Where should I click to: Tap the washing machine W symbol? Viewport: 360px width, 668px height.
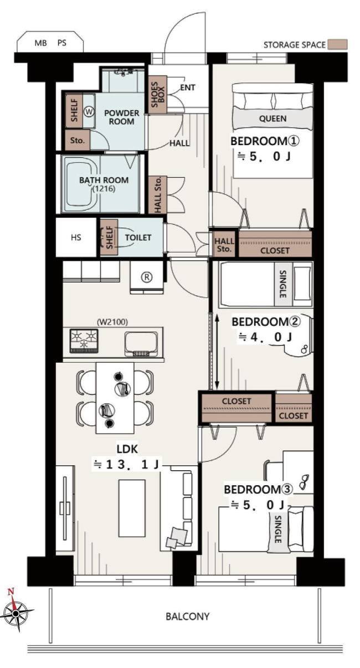pos(89,112)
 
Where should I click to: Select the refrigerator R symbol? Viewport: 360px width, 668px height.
pos(146,277)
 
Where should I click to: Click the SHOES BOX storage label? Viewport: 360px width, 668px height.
pos(158,95)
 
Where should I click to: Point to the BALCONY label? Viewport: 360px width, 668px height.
pos(187,616)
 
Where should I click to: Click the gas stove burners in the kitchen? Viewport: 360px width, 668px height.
pos(84,341)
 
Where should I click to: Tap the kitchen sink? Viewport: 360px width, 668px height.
pos(141,344)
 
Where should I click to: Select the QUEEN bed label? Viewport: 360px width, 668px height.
pos(272,119)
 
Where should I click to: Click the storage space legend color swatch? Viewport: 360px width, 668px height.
pos(337,44)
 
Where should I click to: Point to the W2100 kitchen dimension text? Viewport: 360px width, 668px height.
pos(112,322)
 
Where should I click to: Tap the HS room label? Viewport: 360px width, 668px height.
pos(76,238)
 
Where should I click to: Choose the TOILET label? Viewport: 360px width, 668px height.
pos(138,238)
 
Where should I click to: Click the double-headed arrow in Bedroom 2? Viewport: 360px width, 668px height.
pos(217,351)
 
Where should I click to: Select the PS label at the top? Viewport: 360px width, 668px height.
pos(61,43)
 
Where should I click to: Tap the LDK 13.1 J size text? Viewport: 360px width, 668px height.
pos(127,465)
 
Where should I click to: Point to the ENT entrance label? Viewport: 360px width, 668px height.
pos(188,88)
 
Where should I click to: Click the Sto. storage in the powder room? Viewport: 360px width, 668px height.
pos(77,140)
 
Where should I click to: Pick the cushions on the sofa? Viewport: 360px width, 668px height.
pos(177,537)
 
